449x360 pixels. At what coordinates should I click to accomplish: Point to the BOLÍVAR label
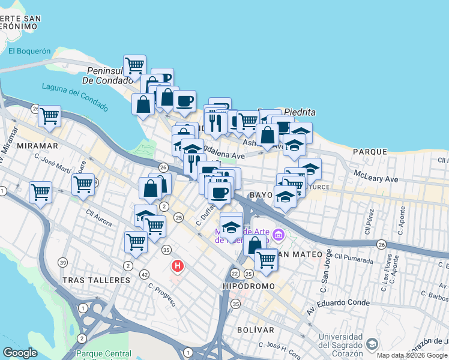click(x=255, y=330)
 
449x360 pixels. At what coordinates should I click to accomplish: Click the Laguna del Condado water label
click(x=75, y=96)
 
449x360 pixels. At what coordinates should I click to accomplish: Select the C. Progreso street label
click(x=163, y=295)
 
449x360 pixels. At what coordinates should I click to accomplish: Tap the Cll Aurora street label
click(x=98, y=217)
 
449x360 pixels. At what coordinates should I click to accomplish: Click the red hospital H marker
click(x=178, y=265)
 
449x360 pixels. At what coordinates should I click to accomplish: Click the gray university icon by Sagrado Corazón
click(x=372, y=344)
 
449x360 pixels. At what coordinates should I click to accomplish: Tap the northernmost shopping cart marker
click(x=135, y=65)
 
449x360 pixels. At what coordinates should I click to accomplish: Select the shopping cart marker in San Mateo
click(x=266, y=260)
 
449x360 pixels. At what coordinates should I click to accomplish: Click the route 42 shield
click(x=144, y=274)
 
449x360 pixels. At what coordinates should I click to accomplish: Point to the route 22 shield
click(x=234, y=274)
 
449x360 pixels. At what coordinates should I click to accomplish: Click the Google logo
click(x=20, y=353)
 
